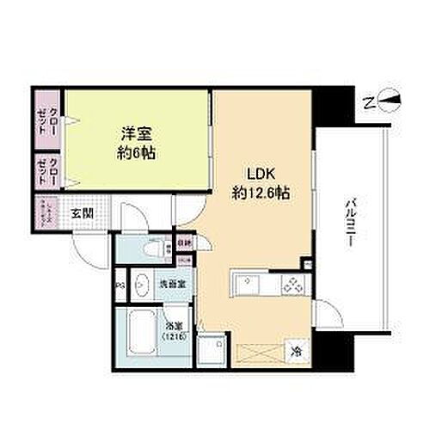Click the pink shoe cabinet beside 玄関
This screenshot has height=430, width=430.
click(48, 212)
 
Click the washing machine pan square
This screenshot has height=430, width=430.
click(212, 346)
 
